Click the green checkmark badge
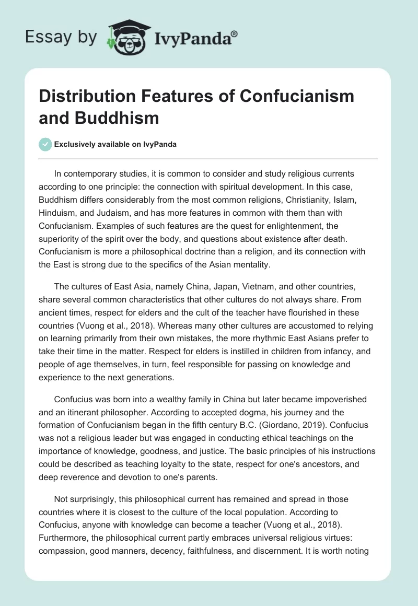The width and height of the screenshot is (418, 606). point(46,144)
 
